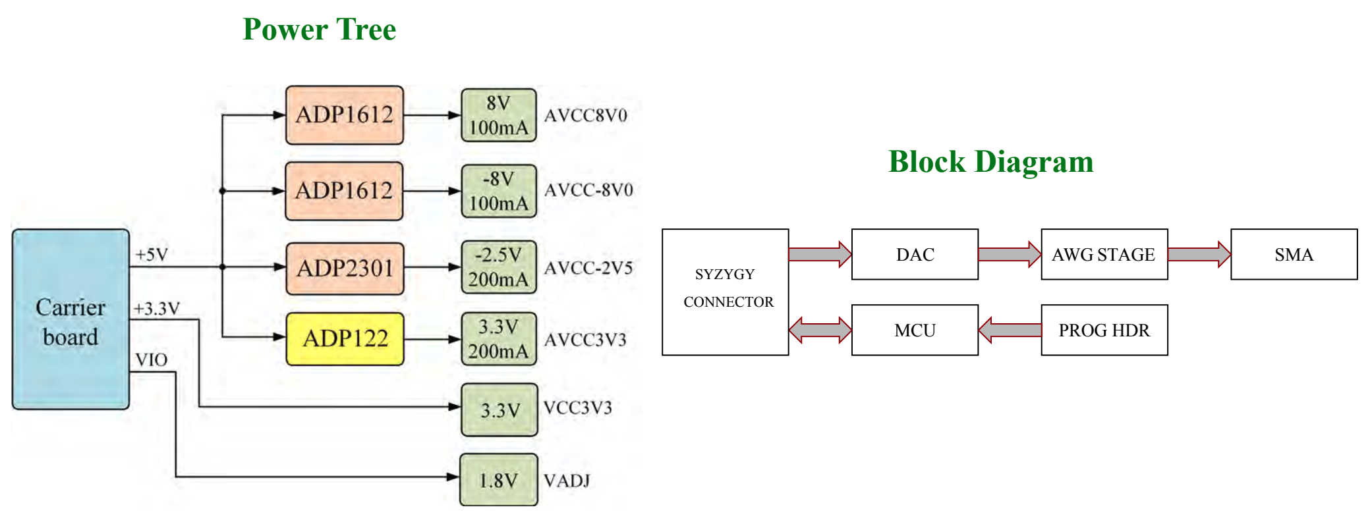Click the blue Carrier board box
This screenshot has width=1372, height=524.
pyautogui.click(x=71, y=319)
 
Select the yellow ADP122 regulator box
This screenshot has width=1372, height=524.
pyautogui.click(x=345, y=338)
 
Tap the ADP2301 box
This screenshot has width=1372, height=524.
pyautogui.click(x=345, y=268)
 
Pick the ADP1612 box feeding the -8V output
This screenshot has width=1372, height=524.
pyautogui.click(x=344, y=191)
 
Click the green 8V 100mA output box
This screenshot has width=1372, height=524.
pyautogui.click(x=499, y=115)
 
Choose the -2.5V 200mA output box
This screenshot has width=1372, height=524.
pyautogui.click(x=499, y=267)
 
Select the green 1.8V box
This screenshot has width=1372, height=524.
pyautogui.click(x=499, y=480)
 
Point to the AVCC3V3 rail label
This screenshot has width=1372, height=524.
pyautogui.click(x=585, y=340)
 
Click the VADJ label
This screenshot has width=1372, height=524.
pyautogui.click(x=567, y=481)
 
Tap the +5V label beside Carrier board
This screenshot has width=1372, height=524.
pyautogui.click(x=152, y=255)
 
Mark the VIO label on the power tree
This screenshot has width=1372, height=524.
pyautogui.click(x=152, y=360)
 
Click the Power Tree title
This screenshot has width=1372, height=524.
pyautogui.click(x=320, y=30)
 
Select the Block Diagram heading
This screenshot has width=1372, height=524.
pyautogui.click(x=991, y=162)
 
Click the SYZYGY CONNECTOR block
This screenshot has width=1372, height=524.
pyautogui.click(x=726, y=292)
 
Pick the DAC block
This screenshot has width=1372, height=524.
pyautogui.click(x=915, y=254)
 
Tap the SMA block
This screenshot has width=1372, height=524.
pyautogui.click(x=1294, y=254)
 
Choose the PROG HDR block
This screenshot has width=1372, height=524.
pyautogui.click(x=1104, y=330)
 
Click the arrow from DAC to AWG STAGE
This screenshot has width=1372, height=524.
pyautogui.click(x=1010, y=254)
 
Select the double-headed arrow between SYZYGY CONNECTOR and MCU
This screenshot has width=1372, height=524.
pyautogui.click(x=820, y=330)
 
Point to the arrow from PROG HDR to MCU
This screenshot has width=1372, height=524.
pyautogui.click(x=1010, y=330)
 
